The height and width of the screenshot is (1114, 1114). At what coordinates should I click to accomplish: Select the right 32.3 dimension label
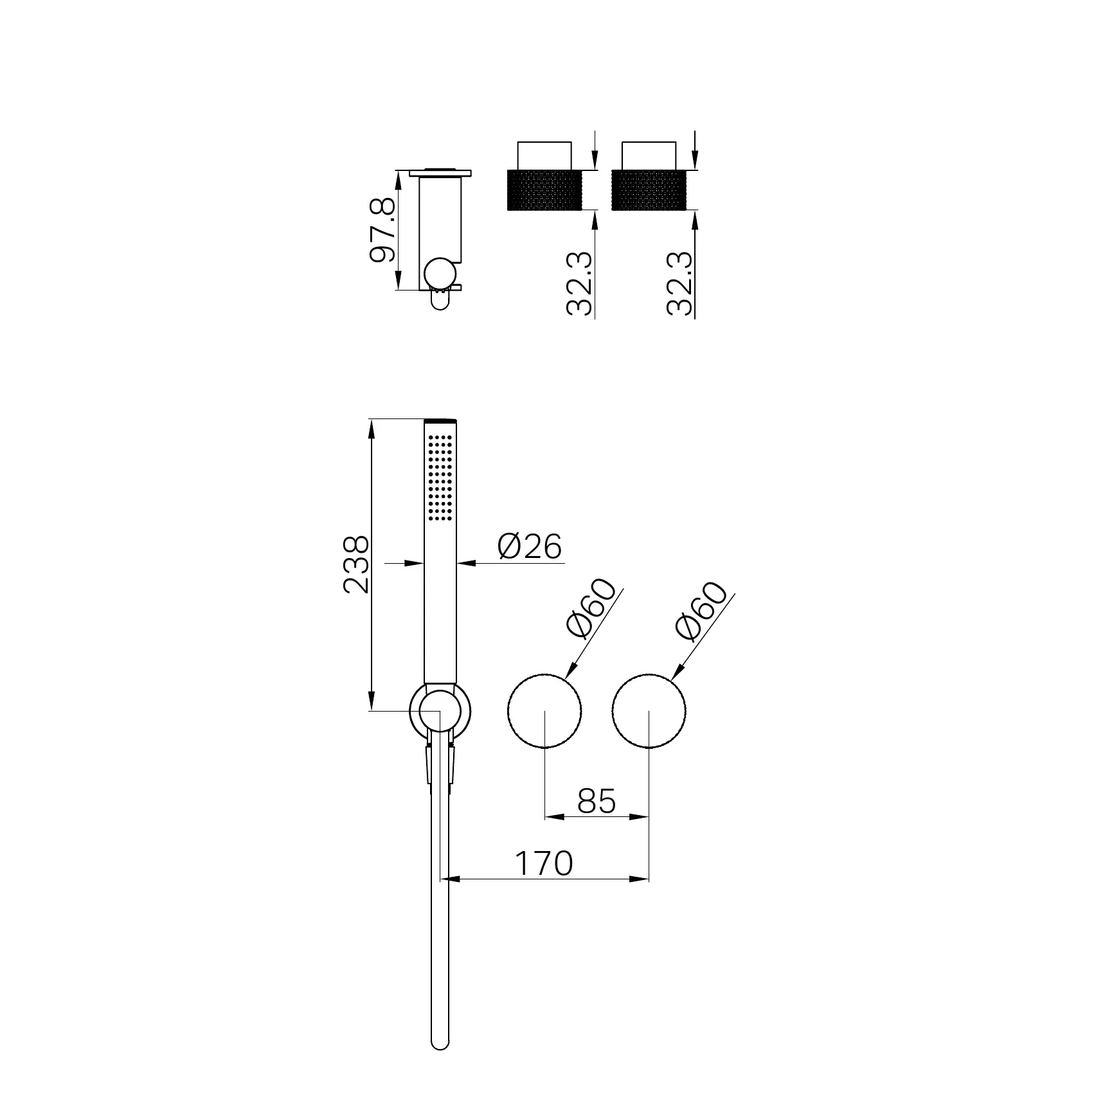[x=679, y=283]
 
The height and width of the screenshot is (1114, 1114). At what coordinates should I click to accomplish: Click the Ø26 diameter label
[x=530, y=546]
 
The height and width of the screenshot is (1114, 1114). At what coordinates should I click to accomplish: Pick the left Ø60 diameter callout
[x=590, y=609]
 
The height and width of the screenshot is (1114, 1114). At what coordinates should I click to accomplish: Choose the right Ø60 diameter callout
[x=701, y=611]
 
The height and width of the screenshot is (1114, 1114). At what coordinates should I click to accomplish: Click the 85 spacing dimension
[x=596, y=801]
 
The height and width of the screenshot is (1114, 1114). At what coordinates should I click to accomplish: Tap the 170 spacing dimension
[x=543, y=863]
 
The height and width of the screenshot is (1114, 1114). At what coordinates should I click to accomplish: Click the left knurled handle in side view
[x=544, y=190]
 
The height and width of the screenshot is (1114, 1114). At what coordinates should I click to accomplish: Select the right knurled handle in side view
[x=650, y=190]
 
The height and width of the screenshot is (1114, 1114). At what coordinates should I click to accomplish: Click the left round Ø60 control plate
[x=544, y=711]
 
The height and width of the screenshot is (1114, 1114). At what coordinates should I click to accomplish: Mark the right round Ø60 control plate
[x=649, y=711]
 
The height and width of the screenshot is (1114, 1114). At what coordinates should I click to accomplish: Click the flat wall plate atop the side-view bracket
[x=440, y=172]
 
